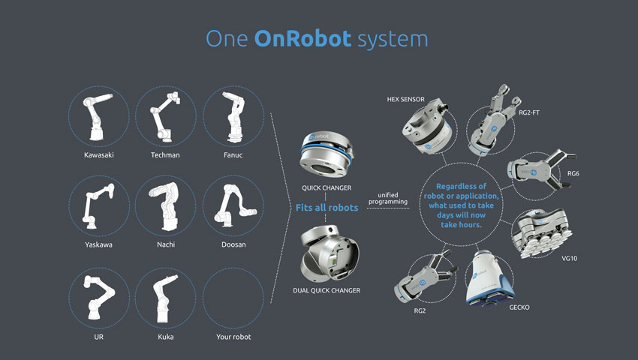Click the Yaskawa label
tap(99, 244)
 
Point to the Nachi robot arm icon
tap(166, 205)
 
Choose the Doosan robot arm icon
tap(233, 205)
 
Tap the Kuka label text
tap(166, 337)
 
